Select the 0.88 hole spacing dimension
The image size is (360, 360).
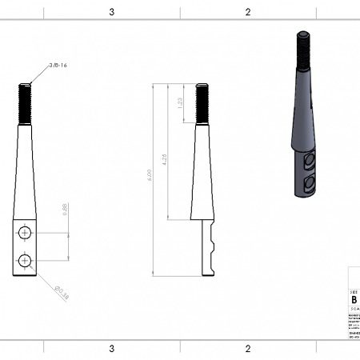(65, 210)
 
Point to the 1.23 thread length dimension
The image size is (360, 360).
(182, 103)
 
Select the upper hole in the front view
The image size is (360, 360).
(25, 233)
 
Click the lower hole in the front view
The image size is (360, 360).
(25, 260)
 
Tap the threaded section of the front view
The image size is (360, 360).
(25, 103)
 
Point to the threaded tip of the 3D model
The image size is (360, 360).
(304, 49)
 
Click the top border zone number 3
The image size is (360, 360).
(111, 12)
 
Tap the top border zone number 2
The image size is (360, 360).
(248, 12)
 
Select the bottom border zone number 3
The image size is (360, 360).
(111, 349)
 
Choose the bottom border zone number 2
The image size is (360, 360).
(248, 349)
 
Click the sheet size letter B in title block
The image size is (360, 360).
(354, 302)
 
